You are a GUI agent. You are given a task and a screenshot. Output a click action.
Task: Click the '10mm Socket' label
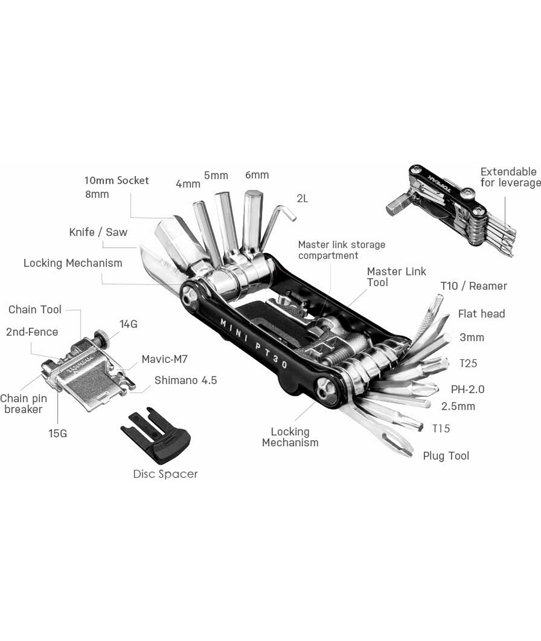116,181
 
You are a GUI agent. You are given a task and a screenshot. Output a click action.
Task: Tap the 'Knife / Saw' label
98,232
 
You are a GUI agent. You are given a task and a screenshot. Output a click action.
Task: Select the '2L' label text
302,199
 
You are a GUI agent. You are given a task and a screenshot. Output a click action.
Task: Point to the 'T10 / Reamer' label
473,286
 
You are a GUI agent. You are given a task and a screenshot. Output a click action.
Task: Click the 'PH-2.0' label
468,389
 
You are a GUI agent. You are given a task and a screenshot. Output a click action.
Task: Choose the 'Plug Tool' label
446,456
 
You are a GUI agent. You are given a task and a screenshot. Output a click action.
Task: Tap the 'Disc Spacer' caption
165,474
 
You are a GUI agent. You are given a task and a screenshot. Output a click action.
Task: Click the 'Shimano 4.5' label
185,381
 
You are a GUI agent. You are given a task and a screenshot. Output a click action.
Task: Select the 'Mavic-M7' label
164,359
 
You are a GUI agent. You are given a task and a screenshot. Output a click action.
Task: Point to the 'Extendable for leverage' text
509,177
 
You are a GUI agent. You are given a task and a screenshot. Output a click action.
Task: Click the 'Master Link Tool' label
396,277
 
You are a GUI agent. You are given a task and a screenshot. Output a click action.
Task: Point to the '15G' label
58,434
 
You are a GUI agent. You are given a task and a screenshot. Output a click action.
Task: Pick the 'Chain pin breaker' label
23,404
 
